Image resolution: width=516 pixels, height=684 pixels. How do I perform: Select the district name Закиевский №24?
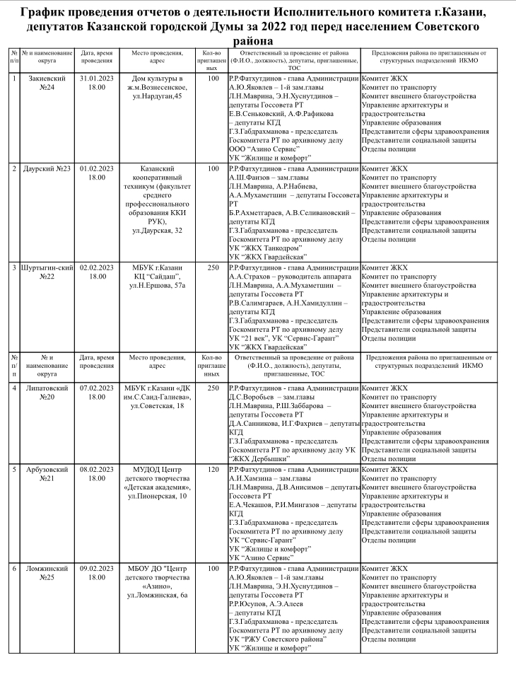(x=49, y=83)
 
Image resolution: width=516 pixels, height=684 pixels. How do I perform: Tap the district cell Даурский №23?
(x=49, y=169)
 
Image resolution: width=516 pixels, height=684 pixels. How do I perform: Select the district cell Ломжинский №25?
(x=49, y=573)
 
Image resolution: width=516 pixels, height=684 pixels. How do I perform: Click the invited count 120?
(x=213, y=469)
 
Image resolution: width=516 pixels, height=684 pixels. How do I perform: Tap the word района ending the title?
(x=257, y=42)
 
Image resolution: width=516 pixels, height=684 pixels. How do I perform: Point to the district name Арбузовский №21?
(x=49, y=473)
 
